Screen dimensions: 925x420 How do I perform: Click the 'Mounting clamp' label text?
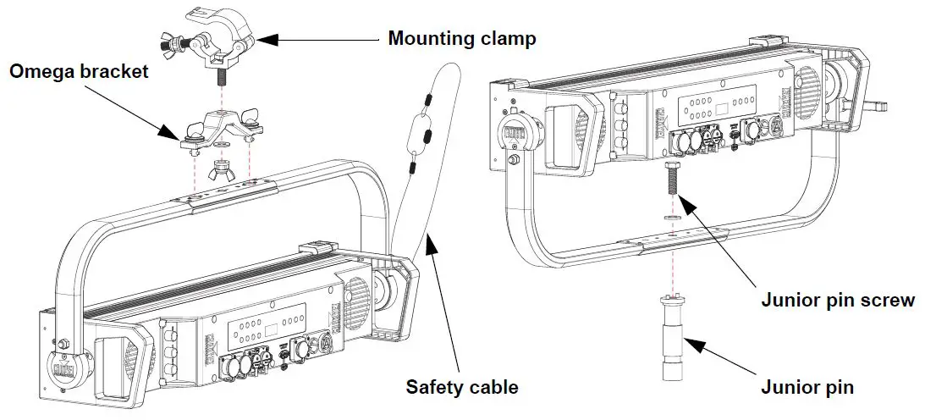(462, 39)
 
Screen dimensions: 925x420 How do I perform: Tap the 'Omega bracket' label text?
(79, 72)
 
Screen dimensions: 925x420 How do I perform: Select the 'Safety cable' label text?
(462, 387)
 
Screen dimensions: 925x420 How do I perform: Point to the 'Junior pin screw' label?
(838, 301)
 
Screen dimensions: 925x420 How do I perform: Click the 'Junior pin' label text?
(807, 388)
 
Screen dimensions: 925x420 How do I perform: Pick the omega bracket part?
(221, 130)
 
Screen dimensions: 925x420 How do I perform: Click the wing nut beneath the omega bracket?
(220, 169)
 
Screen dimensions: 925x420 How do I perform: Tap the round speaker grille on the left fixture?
(355, 301)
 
